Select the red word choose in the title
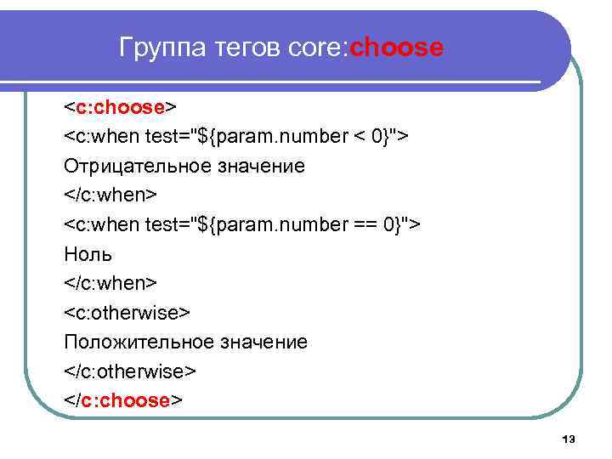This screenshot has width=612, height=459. pyautogui.click(x=396, y=48)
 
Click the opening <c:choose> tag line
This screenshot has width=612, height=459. pyautogui.click(x=120, y=107)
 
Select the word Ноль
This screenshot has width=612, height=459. pyautogui.click(x=88, y=254)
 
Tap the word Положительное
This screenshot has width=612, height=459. pyautogui.click(x=139, y=342)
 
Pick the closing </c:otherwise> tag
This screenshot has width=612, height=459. pyautogui.click(x=130, y=371)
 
